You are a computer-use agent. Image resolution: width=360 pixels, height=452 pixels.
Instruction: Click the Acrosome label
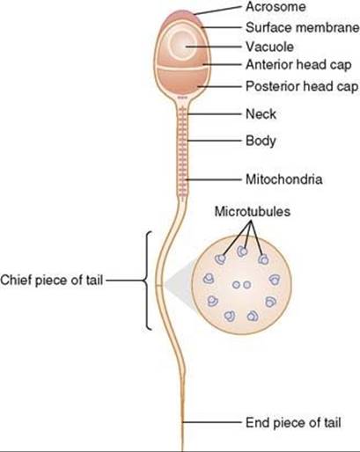tap(276, 7)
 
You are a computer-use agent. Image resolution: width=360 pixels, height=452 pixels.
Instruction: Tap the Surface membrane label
tap(303, 27)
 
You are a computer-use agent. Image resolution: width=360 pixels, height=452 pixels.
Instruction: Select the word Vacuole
tap(269, 47)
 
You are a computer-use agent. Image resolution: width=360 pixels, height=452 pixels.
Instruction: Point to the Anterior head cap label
tap(298, 65)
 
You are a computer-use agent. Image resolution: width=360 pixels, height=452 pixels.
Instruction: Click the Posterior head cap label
tap(302, 86)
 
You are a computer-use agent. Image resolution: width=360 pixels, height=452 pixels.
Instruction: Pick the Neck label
tap(261, 114)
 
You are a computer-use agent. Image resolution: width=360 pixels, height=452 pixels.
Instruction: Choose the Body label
tap(261, 141)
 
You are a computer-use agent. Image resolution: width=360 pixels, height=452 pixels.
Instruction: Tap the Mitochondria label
tap(284, 179)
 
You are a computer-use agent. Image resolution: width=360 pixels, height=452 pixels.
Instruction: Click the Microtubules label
tap(253, 211)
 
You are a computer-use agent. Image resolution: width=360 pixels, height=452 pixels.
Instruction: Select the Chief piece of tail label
tap(52, 281)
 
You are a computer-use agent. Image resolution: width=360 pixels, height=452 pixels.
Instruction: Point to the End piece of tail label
tap(293, 423)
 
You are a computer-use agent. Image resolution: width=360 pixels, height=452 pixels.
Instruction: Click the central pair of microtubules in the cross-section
tap(241, 285)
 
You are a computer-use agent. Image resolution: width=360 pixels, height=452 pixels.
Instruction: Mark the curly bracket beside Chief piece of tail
tap(148, 281)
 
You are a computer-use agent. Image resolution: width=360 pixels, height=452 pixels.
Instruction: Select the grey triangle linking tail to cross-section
tap(178, 284)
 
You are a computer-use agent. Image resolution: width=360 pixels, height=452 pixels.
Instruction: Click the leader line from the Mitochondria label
tap(214, 179)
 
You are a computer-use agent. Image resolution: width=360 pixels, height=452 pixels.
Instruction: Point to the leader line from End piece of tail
tap(211, 422)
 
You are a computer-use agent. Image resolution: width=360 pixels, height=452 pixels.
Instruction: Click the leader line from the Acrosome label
tap(217, 11)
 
